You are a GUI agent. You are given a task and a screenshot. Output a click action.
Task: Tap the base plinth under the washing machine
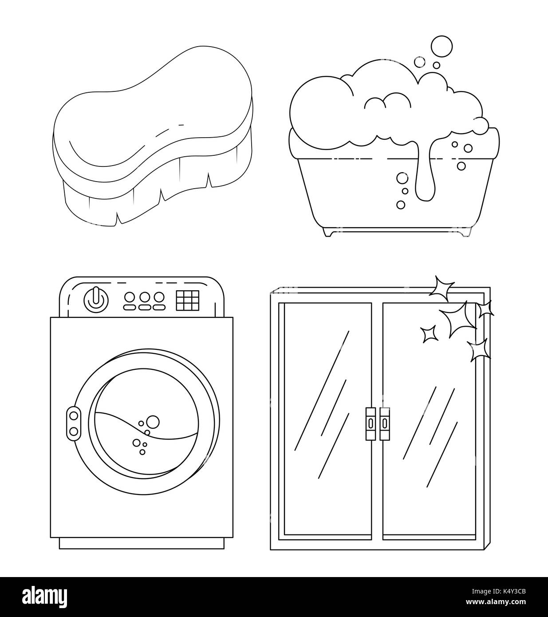[142, 543]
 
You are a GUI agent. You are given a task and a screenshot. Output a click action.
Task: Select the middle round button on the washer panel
[144, 297]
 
